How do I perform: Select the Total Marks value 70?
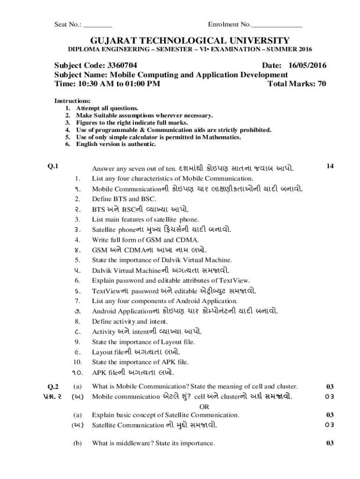coord(321,84)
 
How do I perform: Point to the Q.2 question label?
coord(53,386)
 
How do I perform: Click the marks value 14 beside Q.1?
coord(330,166)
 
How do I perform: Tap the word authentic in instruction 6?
coord(140,144)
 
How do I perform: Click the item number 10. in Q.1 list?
coord(77,362)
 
